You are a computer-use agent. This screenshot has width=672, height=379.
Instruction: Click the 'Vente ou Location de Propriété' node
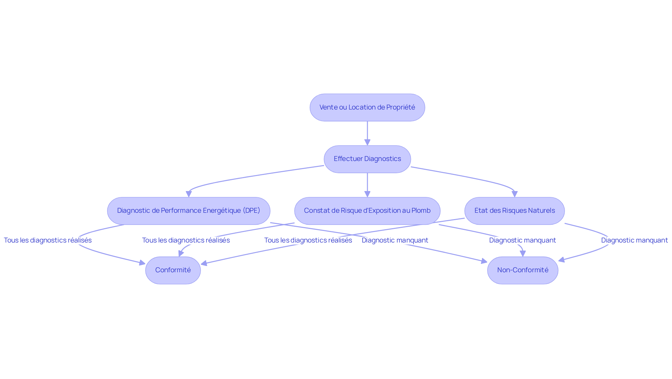(x=367, y=107)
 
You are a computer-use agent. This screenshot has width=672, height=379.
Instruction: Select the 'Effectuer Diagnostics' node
(x=367, y=159)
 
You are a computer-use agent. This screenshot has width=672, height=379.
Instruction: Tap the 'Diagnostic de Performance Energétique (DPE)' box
(x=188, y=211)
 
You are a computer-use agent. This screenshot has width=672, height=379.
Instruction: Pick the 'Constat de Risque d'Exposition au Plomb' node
(x=367, y=211)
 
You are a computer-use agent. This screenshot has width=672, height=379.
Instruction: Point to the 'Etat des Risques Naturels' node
(x=514, y=211)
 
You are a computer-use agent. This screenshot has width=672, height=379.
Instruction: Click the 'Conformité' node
(x=173, y=270)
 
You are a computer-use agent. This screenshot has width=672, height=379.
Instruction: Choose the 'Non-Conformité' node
(x=523, y=270)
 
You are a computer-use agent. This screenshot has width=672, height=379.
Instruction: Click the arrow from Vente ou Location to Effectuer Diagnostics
(x=367, y=133)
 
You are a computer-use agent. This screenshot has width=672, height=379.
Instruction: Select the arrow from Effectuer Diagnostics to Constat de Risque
(x=367, y=185)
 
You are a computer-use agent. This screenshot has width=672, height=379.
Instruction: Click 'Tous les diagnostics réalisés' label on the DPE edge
(x=48, y=240)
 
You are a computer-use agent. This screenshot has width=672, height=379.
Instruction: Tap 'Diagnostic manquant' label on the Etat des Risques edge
(x=634, y=240)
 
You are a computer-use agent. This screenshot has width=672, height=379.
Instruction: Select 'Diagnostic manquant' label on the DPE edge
(x=395, y=240)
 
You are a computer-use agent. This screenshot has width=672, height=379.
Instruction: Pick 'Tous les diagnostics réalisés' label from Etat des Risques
(x=308, y=240)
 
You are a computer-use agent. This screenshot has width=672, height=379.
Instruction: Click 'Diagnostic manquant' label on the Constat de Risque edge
(x=522, y=240)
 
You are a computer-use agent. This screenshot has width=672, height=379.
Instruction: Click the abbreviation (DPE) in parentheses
(x=251, y=211)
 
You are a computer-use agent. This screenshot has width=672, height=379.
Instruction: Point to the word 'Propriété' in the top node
(x=400, y=107)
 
